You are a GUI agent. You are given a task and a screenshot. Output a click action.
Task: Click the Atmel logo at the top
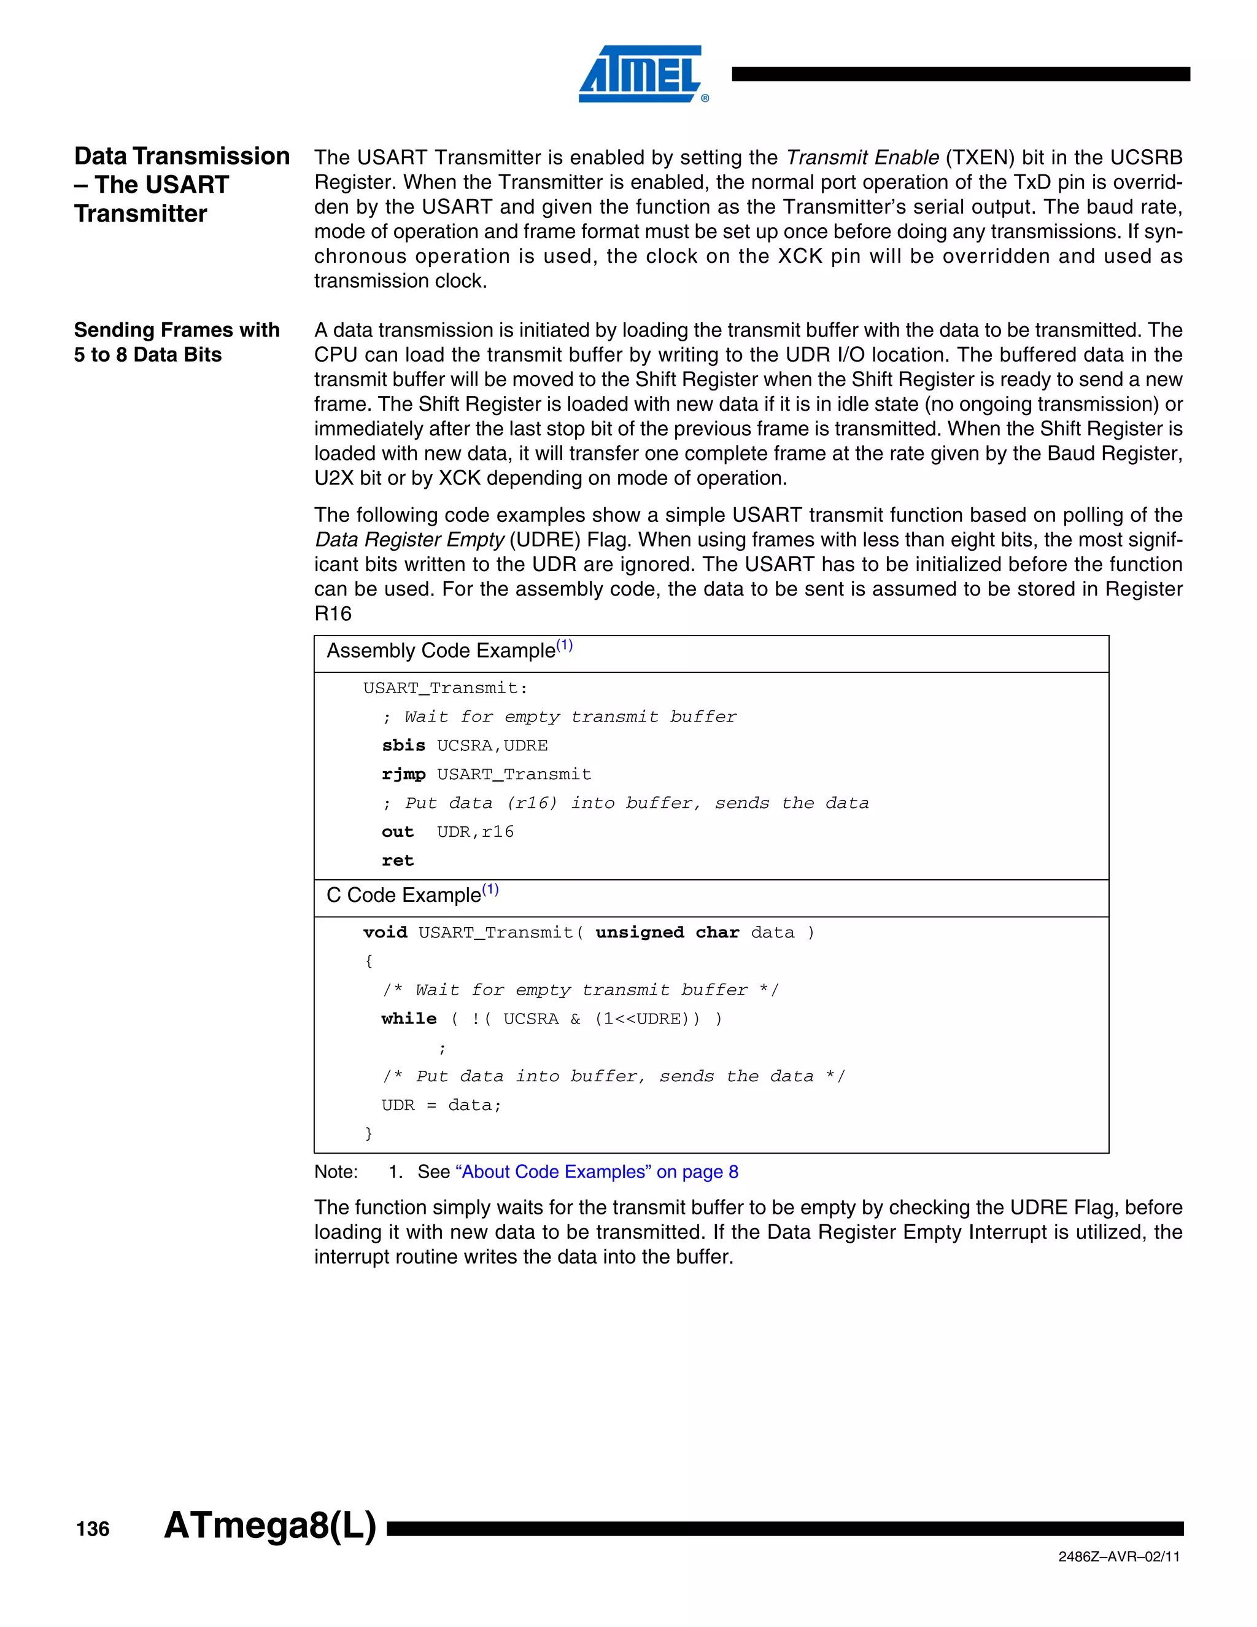pos(641,74)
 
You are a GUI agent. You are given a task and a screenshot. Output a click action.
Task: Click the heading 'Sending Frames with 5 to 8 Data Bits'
pos(177,342)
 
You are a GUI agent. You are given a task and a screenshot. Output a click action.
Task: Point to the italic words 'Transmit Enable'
pos(862,157)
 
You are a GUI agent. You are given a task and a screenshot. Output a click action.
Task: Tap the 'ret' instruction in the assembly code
pos(397,860)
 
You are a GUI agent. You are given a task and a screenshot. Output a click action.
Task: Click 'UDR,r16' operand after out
pos(475,832)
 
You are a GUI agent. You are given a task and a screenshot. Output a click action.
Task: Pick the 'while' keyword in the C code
pos(409,1019)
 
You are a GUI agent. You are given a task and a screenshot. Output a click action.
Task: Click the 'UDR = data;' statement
pos(441,1105)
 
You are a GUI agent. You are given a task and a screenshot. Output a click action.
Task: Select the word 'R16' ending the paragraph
pos(333,614)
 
